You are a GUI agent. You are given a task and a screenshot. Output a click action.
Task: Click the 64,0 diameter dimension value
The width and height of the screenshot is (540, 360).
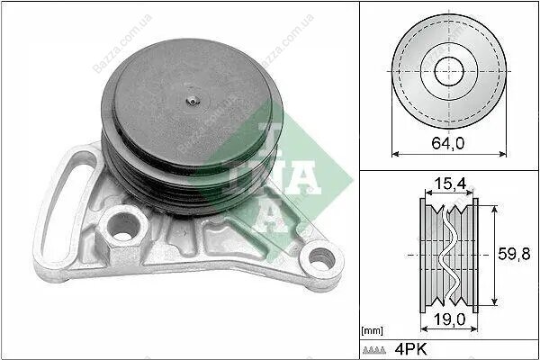tap(447, 143)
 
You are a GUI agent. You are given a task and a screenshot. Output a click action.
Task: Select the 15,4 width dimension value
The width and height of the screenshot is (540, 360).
tap(450, 184)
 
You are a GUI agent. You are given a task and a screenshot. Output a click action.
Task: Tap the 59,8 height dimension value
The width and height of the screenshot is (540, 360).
tap(514, 254)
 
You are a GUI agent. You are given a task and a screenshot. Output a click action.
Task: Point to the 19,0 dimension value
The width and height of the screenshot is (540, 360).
tap(449, 319)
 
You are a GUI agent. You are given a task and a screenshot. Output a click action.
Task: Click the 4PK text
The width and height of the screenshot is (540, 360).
tap(410, 349)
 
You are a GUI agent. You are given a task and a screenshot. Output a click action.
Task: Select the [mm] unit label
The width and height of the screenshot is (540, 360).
tap(372, 331)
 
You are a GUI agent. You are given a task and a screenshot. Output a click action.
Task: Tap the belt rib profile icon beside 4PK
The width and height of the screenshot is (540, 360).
tap(374, 350)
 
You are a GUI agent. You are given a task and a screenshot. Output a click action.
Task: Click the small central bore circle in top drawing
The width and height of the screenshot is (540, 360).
tap(449, 71)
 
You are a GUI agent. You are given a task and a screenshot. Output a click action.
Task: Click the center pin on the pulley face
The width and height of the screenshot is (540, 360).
tap(193, 101)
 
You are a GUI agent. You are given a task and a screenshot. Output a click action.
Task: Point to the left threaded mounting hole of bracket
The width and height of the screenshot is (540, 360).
tap(123, 227)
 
